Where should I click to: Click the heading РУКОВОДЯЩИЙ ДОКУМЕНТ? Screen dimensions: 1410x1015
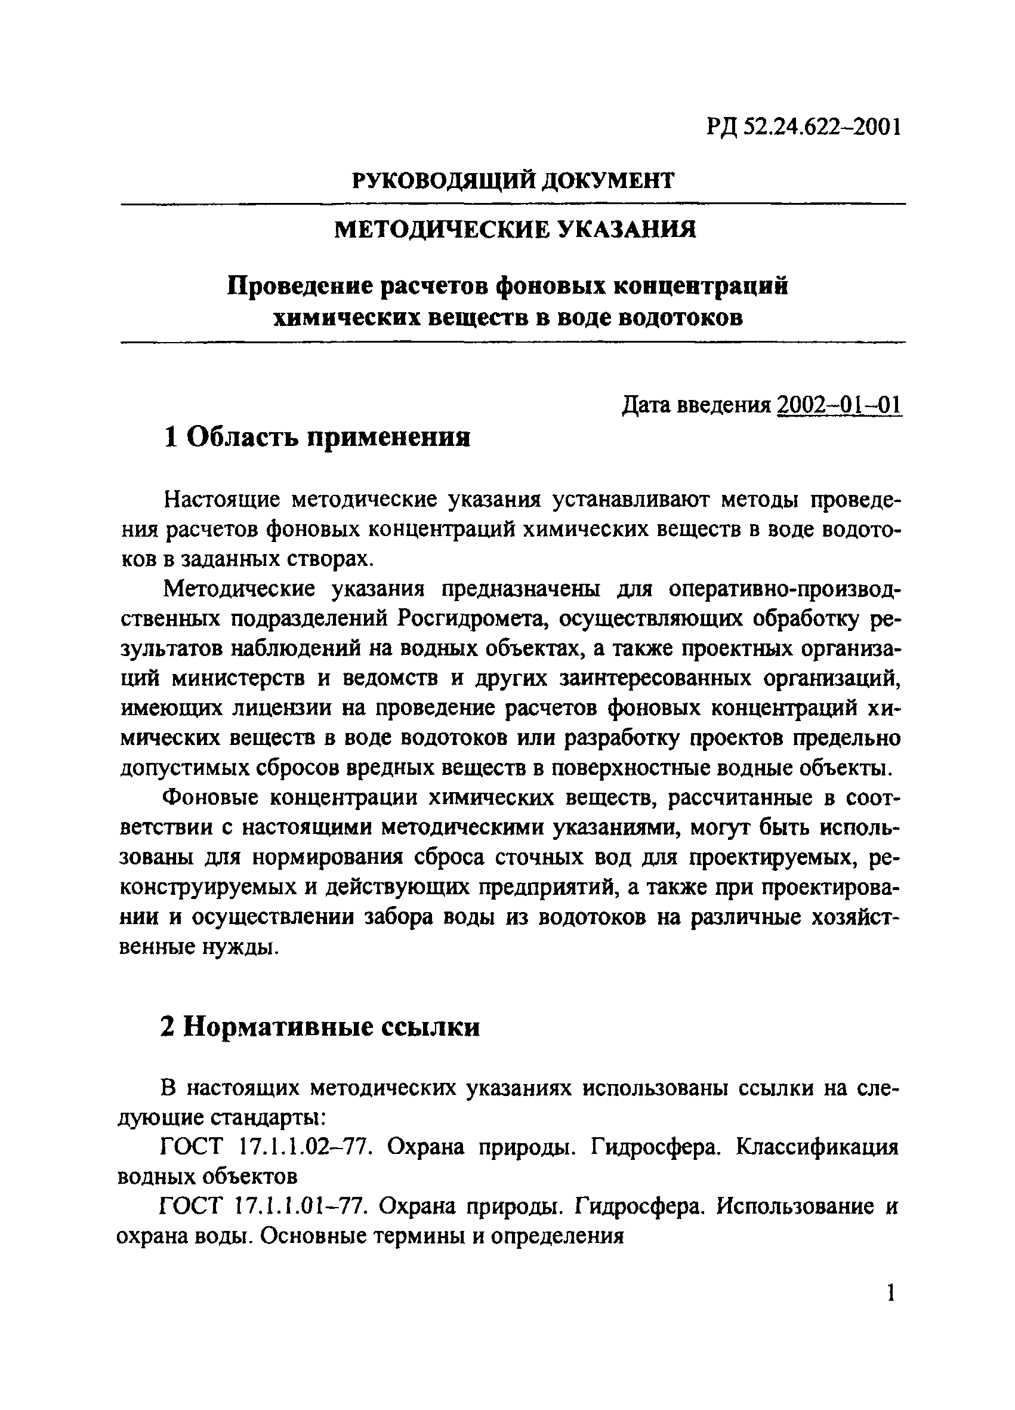click(x=513, y=181)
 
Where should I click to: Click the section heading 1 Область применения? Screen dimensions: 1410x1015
click(x=317, y=438)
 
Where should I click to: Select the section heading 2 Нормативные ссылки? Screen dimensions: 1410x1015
click(x=320, y=1027)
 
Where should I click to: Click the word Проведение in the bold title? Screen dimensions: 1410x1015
click(x=298, y=287)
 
